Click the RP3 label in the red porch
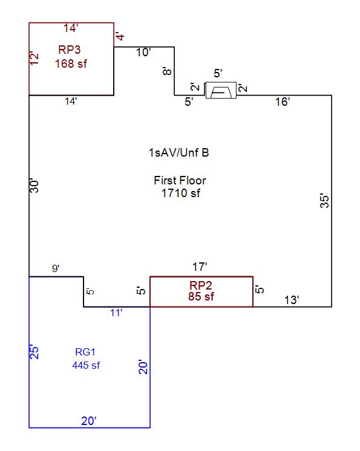pos(70,50)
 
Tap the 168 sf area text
pos(71,63)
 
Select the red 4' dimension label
pos(120,36)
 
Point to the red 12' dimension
pos(34,59)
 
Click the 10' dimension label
pos(143,53)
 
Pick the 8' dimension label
pos(167,71)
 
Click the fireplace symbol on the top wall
pos(221,90)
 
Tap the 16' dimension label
pos(283,102)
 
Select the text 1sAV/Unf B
pos(178,152)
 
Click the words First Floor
pos(180,181)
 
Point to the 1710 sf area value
pos(181,193)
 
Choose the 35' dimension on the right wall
pos(324,201)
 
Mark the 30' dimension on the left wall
pos(34,186)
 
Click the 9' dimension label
pos(56,268)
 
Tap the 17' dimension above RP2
pos(200,267)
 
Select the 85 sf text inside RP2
pos(201,296)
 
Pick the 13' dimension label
pos(292,300)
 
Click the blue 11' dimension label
pos(116,313)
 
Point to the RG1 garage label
pos(85,352)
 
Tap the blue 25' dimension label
pos(34,351)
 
